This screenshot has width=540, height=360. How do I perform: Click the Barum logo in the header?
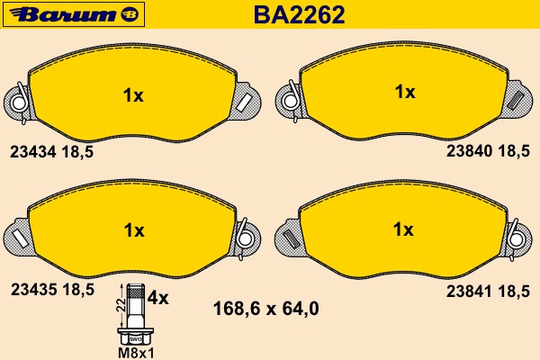pyautogui.click(x=74, y=14)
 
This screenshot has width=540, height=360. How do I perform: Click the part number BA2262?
pyautogui.click(x=299, y=14)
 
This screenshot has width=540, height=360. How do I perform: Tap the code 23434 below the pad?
pyautogui.click(x=32, y=151)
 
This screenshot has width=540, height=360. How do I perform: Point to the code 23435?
pyautogui.click(x=33, y=290)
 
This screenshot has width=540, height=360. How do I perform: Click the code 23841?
pyautogui.click(x=469, y=292)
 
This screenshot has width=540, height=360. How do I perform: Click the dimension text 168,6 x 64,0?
pyautogui.click(x=265, y=309)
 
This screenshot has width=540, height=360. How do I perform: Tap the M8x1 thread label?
pyautogui.click(x=136, y=353)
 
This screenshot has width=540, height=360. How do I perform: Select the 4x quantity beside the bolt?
pyautogui.click(x=158, y=298)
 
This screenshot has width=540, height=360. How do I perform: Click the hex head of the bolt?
pyautogui.click(x=136, y=336)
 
